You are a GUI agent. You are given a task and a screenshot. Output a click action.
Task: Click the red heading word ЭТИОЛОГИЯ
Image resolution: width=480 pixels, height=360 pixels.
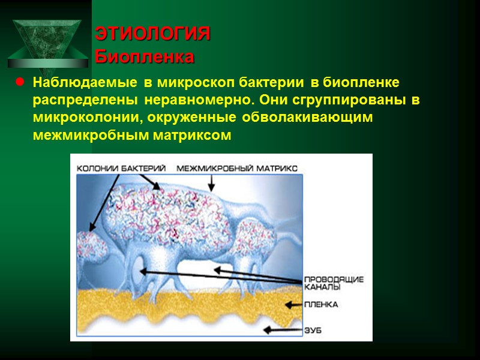pos(153,34)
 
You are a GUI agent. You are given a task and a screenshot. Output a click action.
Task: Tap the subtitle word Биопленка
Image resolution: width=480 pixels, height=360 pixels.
pos(145,58)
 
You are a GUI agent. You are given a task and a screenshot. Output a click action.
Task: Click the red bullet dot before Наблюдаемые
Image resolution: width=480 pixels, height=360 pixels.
pos(19,82)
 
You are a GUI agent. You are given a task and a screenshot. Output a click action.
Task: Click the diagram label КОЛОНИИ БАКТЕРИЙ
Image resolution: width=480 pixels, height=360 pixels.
pos(121,169)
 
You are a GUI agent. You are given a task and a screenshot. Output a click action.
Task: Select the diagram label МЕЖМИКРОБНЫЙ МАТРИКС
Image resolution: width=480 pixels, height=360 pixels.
pos(237,169)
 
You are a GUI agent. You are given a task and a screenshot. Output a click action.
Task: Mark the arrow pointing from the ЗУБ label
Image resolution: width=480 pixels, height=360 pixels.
pos(283,329)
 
